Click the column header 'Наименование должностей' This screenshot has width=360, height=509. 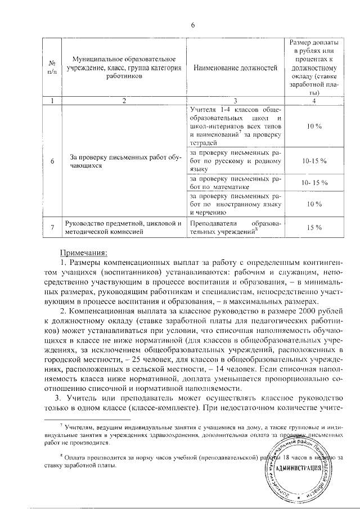tap(235, 68)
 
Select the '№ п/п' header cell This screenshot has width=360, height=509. tap(52, 68)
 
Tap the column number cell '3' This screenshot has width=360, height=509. tap(235, 101)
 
